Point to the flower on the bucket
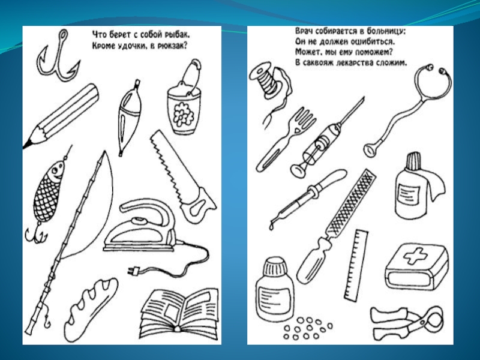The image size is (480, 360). (x=183, y=114)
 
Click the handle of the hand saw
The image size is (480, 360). (x=198, y=206)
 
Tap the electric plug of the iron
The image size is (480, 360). (x=133, y=270)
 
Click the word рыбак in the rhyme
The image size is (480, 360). (x=178, y=34)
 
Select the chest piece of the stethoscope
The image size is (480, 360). (x=371, y=149)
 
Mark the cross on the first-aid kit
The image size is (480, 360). (x=415, y=256)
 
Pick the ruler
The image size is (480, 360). (x=356, y=265)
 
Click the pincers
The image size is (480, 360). (x=407, y=322)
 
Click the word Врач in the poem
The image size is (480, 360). (x=305, y=31)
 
